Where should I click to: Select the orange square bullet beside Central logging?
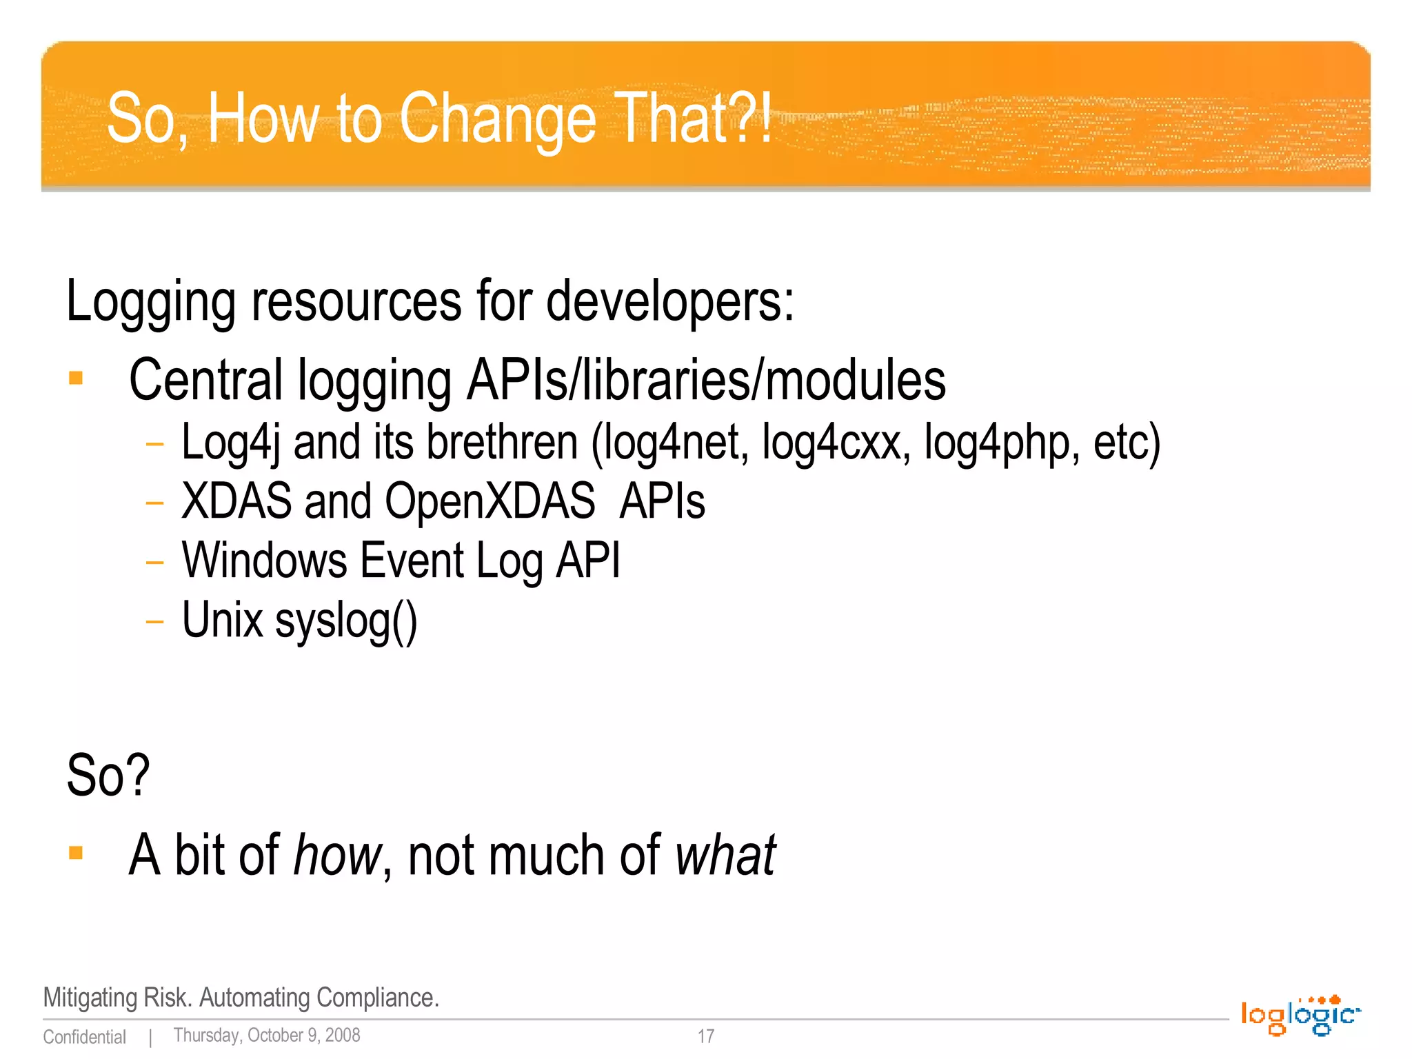76,378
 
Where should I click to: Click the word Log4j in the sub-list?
230,442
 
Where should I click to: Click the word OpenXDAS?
490,501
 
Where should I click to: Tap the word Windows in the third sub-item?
264,560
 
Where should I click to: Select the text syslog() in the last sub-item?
346,621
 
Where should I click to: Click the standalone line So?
108,776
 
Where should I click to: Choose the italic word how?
336,855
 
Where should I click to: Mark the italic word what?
725,855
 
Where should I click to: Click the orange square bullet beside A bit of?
76,854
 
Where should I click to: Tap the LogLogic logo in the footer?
1300,1016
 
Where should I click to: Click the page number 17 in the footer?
706,1036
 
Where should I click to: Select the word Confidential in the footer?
85,1037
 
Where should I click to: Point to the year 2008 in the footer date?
343,1036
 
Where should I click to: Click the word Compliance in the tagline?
377,998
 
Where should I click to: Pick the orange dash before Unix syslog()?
154,622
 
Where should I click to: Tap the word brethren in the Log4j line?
502,442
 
